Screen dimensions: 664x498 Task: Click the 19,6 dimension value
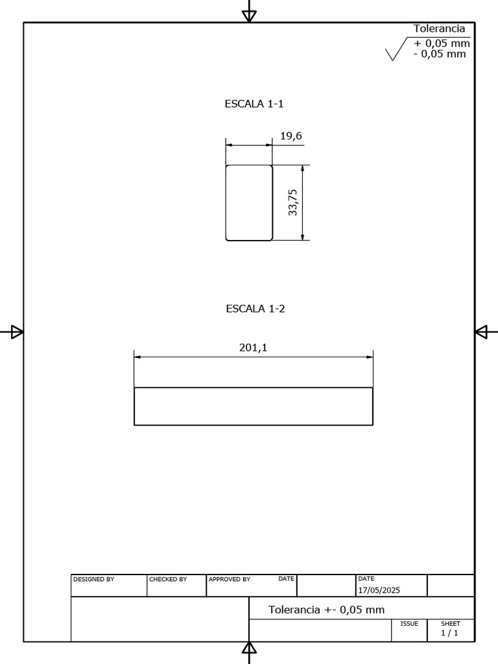pos(291,136)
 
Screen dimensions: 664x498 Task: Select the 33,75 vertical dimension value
pos(292,202)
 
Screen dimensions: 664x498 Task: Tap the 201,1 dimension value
pos(254,348)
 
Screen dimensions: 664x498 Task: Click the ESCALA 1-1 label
pos(254,104)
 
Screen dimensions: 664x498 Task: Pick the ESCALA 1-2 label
pos(255,309)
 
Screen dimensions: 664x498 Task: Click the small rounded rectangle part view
pos(249,203)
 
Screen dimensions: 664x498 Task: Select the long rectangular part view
pos(254,407)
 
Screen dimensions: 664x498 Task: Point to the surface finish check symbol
pos(394,52)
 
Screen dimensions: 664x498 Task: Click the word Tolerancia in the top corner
pos(439,29)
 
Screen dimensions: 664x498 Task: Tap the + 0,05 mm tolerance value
pos(442,44)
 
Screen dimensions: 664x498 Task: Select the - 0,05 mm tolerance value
pos(440,54)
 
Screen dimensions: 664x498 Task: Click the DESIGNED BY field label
pos(93,580)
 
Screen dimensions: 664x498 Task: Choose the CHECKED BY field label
pos(168,580)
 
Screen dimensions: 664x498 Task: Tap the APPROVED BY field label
pos(229,580)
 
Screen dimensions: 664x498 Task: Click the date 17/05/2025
pos(379,590)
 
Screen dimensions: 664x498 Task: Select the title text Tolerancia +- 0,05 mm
pos(326,610)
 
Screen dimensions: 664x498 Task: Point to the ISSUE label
pos(409,624)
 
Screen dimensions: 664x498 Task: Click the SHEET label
pos(450,624)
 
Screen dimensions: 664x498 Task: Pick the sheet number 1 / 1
pos(449,633)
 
